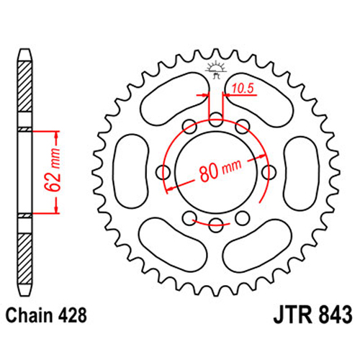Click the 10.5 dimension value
point(243,89)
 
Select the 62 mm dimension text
point(53,170)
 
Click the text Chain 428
point(46,315)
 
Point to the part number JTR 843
point(312,315)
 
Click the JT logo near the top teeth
point(216,69)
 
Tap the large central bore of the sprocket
point(216,172)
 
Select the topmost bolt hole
point(216,120)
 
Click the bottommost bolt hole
point(215,225)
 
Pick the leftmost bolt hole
point(163,173)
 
